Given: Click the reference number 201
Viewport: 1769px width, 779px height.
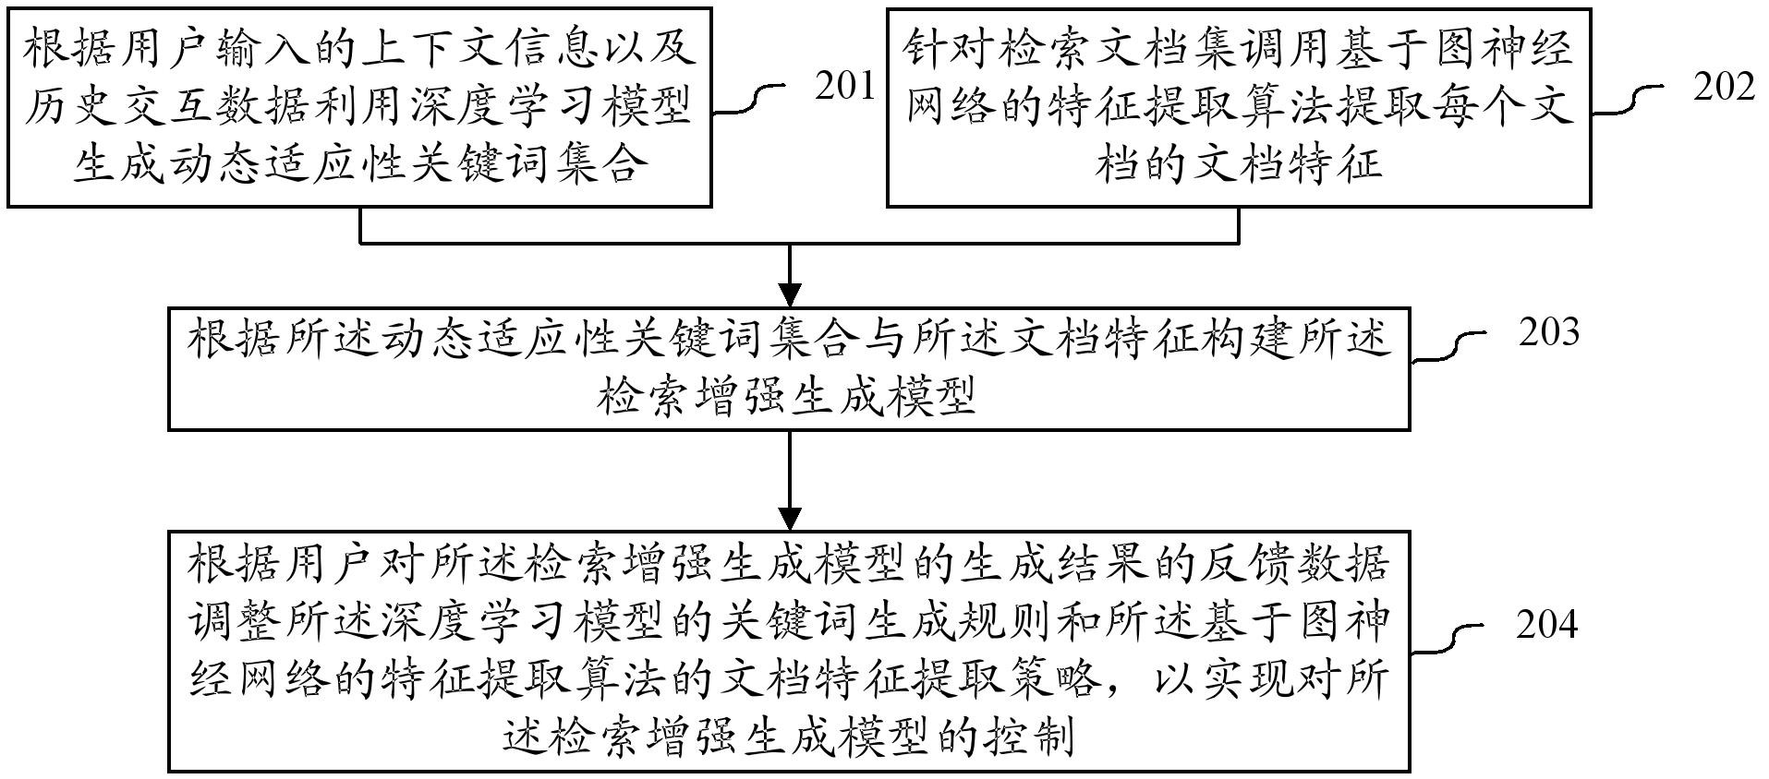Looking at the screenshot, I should pyautogui.click(x=844, y=87).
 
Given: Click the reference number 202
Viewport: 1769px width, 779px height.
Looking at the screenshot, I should pyautogui.click(x=1724, y=87).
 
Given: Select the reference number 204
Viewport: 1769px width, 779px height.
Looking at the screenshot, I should pyautogui.click(x=1546, y=626).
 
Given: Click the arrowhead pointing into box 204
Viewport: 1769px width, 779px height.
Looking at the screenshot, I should pyautogui.click(x=790, y=518).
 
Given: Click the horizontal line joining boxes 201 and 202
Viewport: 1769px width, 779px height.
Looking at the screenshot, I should pyautogui.click(x=799, y=244).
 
